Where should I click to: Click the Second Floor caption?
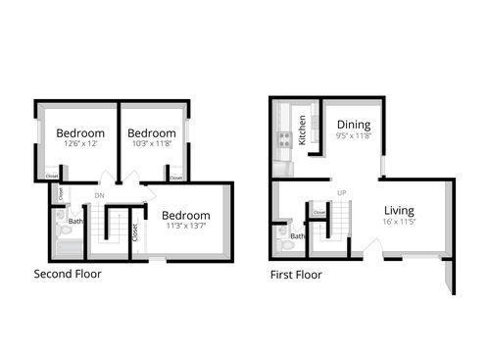(68, 274)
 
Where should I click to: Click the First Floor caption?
(296, 275)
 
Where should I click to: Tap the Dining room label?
(353, 125)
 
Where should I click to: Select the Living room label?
(399, 210)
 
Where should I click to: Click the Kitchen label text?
(303, 129)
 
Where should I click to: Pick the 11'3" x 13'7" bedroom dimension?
(185, 228)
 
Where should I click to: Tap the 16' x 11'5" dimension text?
(399, 223)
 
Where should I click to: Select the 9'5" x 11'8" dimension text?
(353, 136)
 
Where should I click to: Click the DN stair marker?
(99, 195)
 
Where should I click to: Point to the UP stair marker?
(342, 192)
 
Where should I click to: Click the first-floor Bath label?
(298, 235)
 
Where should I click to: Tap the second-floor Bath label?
(75, 222)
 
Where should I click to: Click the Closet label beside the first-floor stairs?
(318, 212)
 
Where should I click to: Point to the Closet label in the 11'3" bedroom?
(134, 233)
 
